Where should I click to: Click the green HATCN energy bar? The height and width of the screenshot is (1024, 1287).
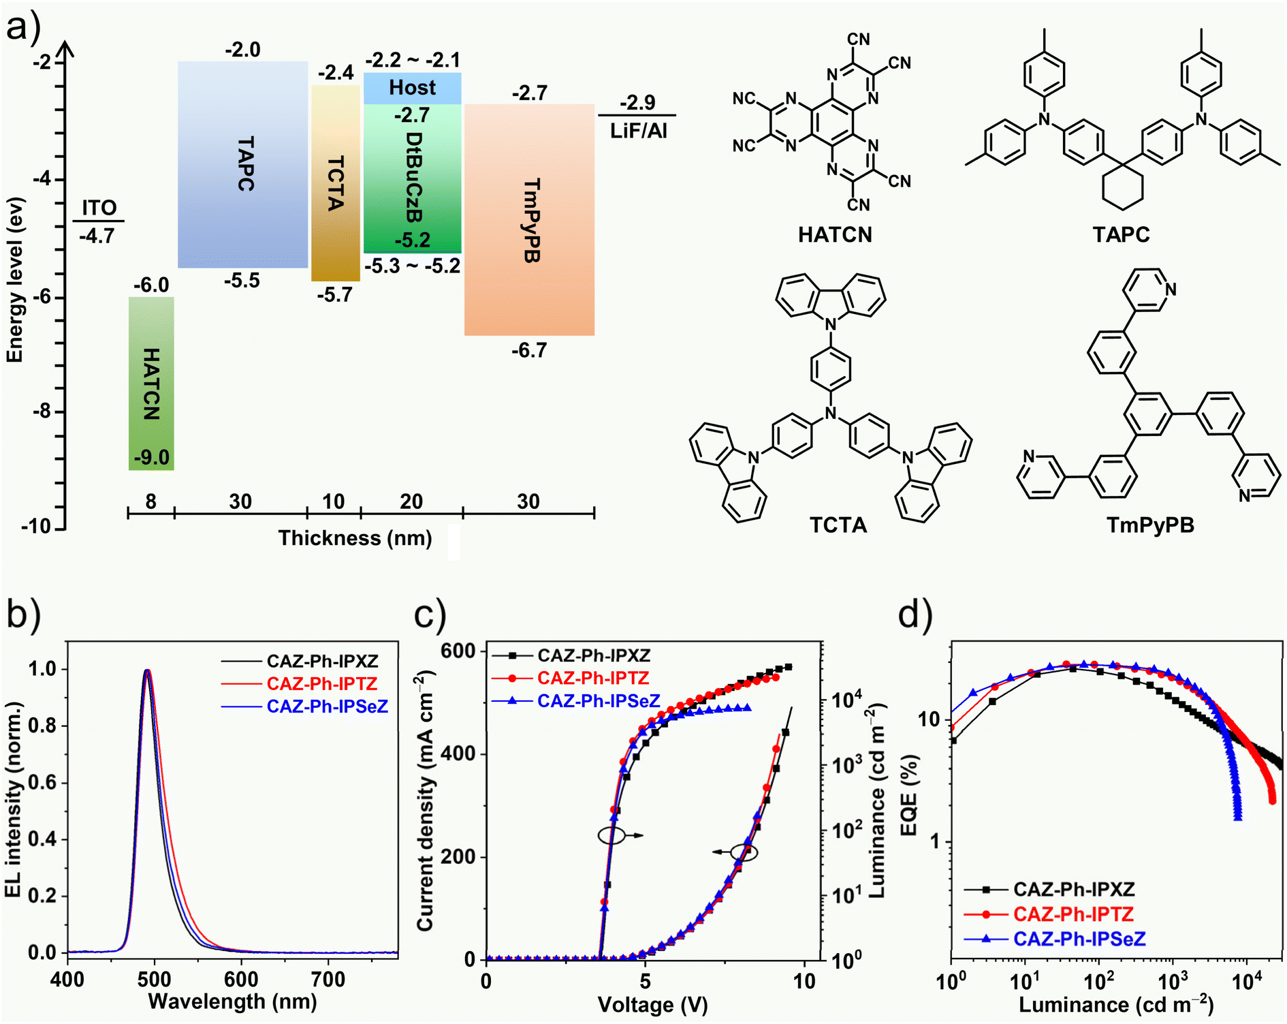pos(151,383)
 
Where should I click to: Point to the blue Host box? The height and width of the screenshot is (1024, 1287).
pos(412,88)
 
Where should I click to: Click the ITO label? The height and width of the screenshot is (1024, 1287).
pos(99,207)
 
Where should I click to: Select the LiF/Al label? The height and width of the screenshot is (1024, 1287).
pos(638,130)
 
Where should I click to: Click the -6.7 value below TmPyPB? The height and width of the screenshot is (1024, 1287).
pos(529,350)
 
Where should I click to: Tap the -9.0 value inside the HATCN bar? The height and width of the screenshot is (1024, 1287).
pos(151,457)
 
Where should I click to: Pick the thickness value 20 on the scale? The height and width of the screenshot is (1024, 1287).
pos(411,501)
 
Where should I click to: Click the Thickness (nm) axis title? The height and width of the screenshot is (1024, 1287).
pos(355,538)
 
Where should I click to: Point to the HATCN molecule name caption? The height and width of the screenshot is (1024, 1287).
pos(835,235)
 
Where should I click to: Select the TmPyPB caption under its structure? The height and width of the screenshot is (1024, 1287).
pos(1150,525)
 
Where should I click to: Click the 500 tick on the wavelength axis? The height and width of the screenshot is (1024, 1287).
pos(155,980)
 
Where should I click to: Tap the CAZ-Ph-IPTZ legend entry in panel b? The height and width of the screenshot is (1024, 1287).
pos(321,683)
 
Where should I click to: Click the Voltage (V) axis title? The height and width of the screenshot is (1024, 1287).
pos(652,1005)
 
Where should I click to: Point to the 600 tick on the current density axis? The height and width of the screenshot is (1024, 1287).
pos(458,651)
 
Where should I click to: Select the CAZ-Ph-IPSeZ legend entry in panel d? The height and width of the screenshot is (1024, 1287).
pos(1079,939)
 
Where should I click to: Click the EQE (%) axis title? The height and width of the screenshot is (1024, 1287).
pos(908,795)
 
